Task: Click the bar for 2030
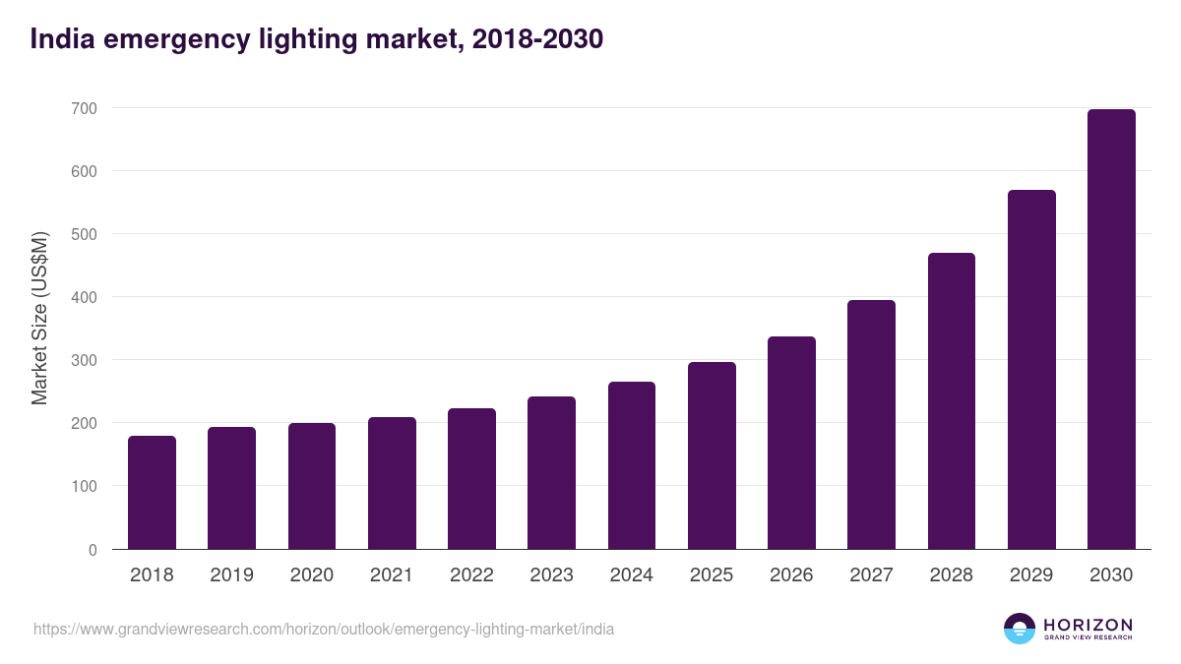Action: [1111, 330]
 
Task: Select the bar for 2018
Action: [152, 493]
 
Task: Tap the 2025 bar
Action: [712, 455]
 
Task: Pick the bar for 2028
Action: [952, 401]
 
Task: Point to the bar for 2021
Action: [392, 483]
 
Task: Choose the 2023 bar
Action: [551, 473]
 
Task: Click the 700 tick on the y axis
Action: [84, 108]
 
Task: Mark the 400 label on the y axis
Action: [84, 297]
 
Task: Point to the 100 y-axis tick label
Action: [84, 487]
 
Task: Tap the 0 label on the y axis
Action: [93, 550]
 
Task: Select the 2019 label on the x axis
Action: [231, 575]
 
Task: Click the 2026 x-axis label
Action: [791, 575]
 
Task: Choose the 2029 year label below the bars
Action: [1031, 575]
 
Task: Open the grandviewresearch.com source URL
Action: [324, 629]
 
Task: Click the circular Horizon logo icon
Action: [1019, 629]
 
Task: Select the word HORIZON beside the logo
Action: [1088, 624]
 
